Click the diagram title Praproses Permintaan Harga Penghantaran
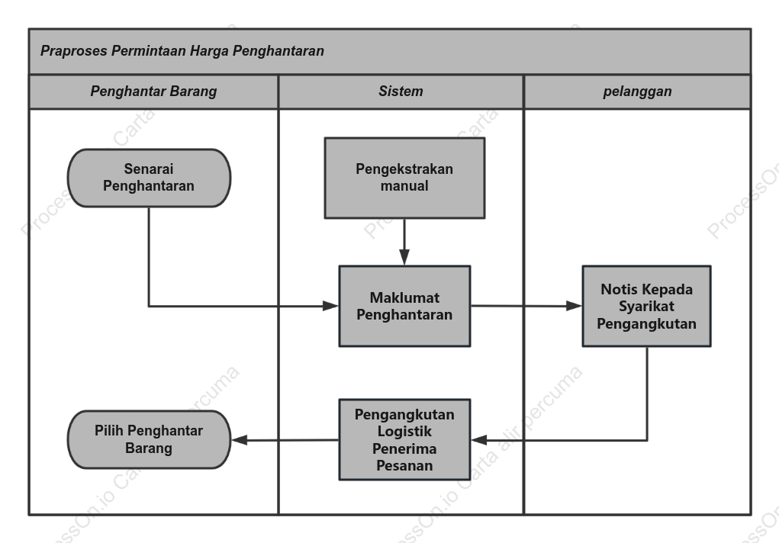click(x=182, y=50)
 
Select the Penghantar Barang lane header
click(x=153, y=92)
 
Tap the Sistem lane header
click(x=401, y=92)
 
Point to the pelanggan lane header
click(x=637, y=92)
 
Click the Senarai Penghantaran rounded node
click(x=149, y=178)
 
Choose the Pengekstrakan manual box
click(x=404, y=178)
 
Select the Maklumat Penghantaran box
click(x=404, y=306)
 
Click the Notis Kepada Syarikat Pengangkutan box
click(x=646, y=306)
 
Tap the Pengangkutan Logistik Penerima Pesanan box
click(x=404, y=440)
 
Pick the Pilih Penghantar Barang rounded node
click(x=149, y=440)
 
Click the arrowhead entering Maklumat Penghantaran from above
click(x=404, y=257)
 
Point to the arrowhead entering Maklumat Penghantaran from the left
click(x=330, y=306)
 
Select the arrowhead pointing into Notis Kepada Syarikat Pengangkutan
click(x=574, y=306)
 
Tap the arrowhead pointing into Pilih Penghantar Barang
click(x=240, y=440)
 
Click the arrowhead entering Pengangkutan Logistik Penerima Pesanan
click(x=479, y=440)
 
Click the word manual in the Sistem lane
click(x=404, y=186)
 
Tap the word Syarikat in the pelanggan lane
click(x=646, y=306)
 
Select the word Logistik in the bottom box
click(x=404, y=431)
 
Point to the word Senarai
click(x=149, y=169)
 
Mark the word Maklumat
click(x=404, y=297)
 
